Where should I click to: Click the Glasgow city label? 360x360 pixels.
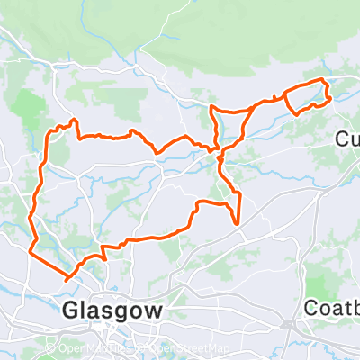(x=113, y=310)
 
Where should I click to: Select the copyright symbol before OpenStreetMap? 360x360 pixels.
(x=142, y=349)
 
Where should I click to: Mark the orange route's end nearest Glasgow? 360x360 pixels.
(x=66, y=279)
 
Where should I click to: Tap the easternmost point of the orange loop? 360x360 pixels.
(x=329, y=94)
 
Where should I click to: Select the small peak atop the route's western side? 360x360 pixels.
(x=73, y=120)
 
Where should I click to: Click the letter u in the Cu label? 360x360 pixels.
(x=354, y=139)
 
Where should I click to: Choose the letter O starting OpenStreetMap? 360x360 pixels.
(x=151, y=349)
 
